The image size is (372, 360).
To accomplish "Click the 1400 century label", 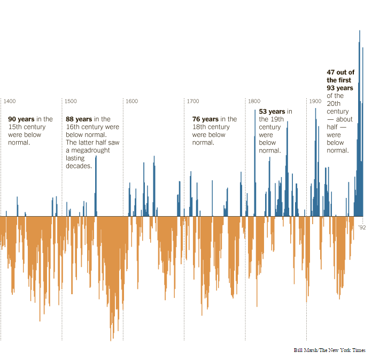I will point(10,101).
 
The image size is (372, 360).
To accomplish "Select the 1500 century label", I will point(71,101).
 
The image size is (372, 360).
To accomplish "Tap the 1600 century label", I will point(131,101).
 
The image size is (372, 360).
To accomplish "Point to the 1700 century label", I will point(193,101).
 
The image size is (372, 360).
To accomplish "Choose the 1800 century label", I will point(254,101).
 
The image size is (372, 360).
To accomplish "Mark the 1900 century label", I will point(315,101).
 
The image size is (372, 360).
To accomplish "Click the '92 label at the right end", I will point(363,227).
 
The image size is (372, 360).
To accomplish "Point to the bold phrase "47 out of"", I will point(339,72).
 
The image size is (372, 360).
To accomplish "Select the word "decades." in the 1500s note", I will point(79,166).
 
